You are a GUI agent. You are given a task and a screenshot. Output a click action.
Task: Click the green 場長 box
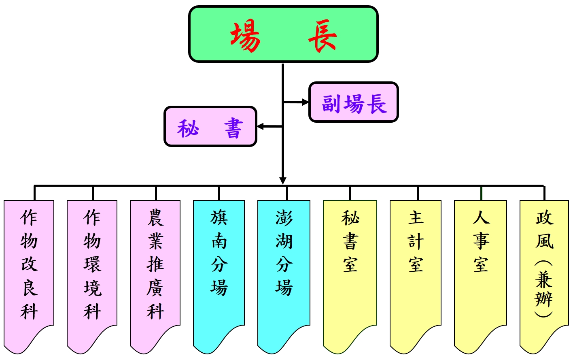tap(283, 34)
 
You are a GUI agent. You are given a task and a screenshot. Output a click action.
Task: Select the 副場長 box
tap(354, 102)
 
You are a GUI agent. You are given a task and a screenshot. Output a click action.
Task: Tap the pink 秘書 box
tap(210, 126)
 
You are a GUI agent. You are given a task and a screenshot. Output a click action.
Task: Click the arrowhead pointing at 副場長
tap(305, 102)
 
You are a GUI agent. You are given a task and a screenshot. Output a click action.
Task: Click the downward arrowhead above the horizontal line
tap(283, 181)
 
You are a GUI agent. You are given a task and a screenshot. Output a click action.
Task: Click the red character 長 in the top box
tap(323, 36)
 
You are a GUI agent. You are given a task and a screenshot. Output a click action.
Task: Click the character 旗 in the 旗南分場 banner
tap(219, 218)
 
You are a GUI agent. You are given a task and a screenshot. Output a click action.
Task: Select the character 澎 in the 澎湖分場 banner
tap(284, 218)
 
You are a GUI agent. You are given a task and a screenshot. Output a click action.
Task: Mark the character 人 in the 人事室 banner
tap(481, 218)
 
